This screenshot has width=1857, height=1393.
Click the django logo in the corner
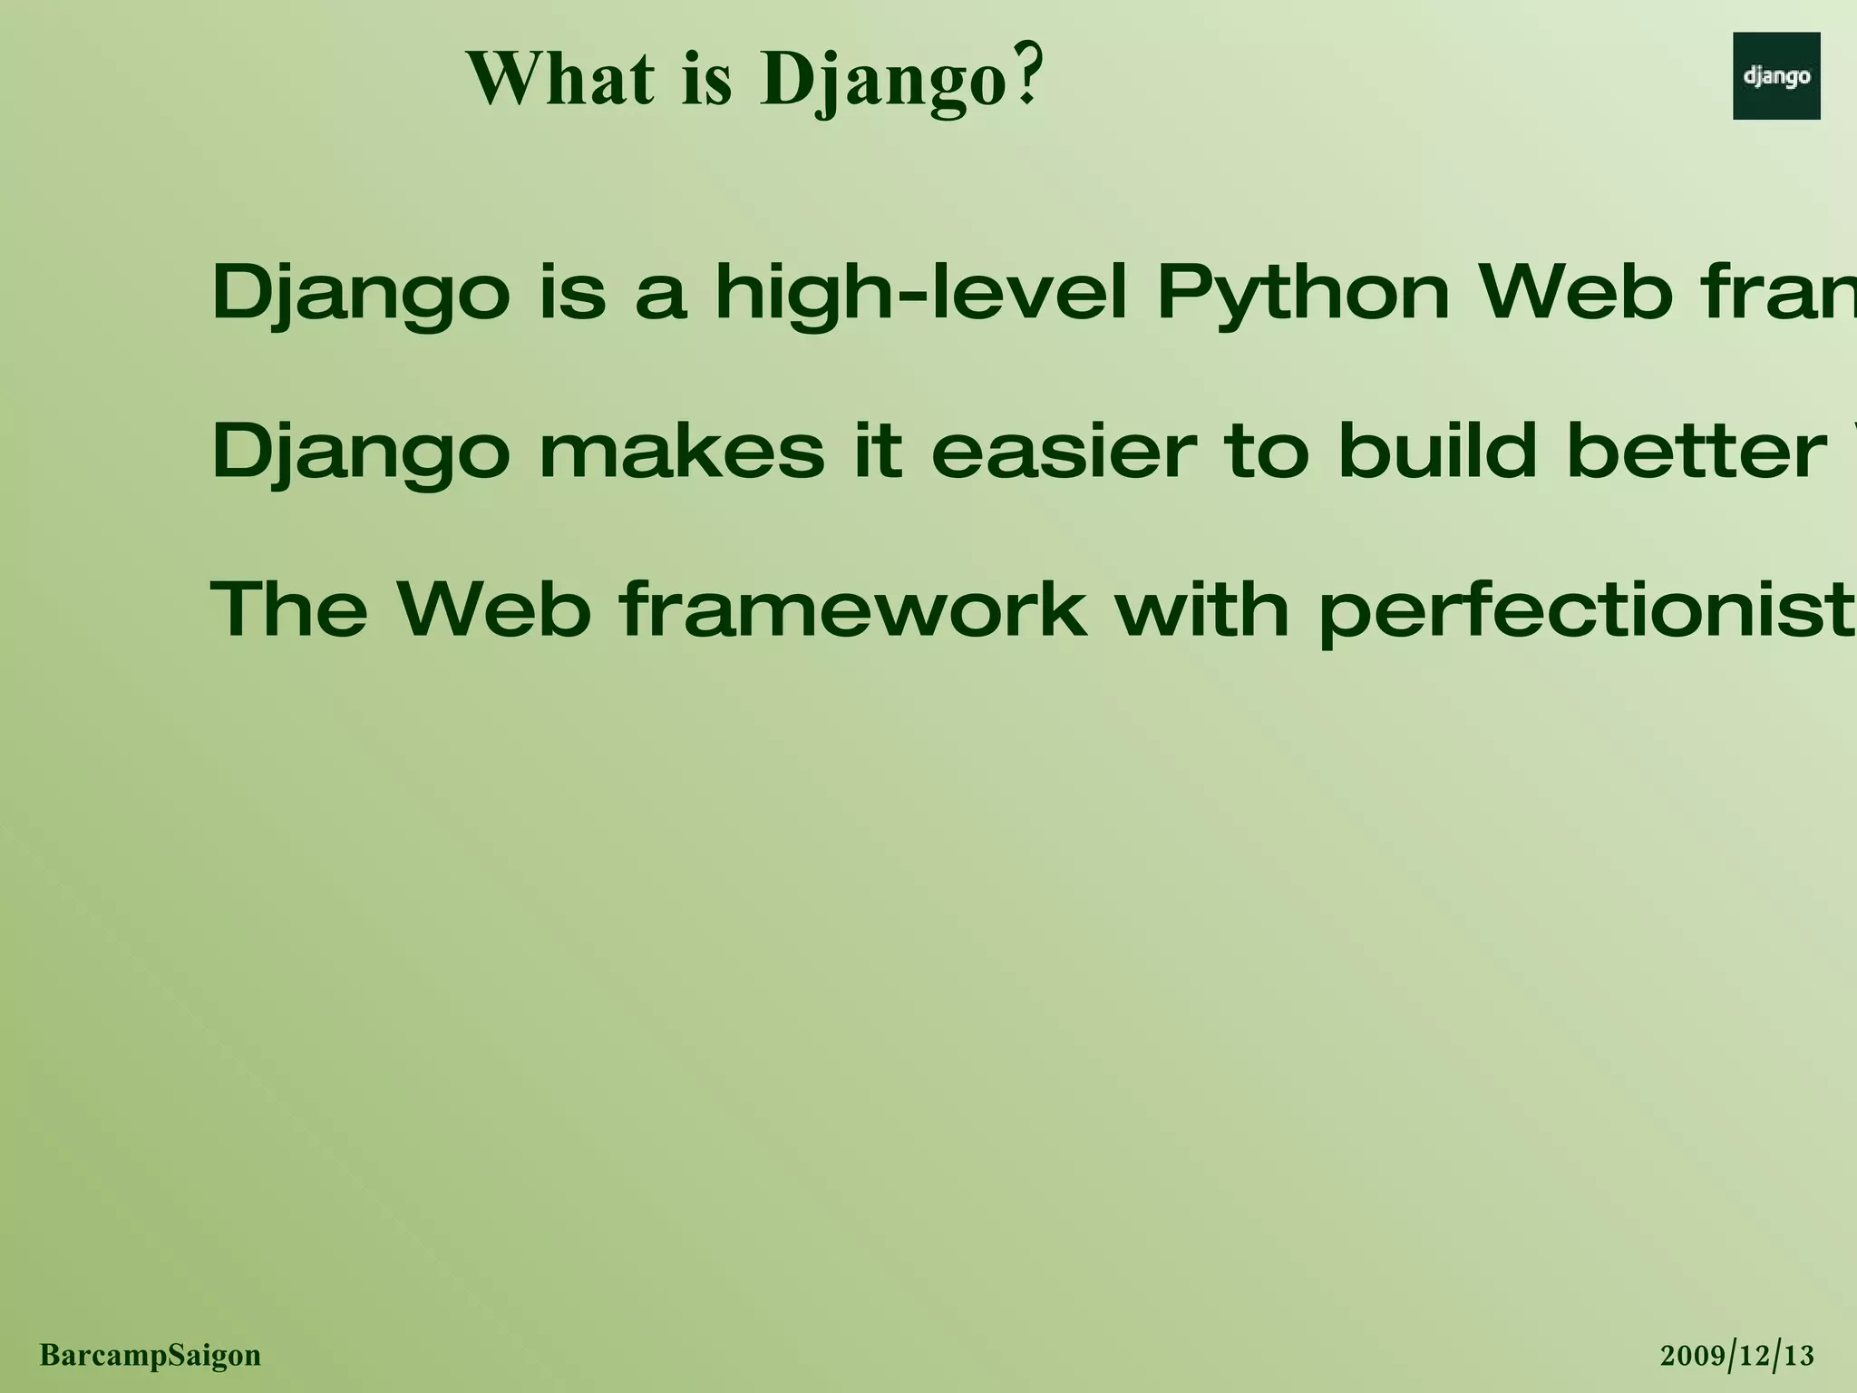tap(1775, 76)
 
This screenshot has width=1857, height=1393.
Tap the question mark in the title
tap(1027, 78)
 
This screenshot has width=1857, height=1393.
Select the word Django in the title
tap(885, 82)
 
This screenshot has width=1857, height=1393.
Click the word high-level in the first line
tap(920, 292)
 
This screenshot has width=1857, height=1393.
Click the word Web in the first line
tap(1575, 292)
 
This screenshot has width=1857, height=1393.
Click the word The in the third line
tap(289, 609)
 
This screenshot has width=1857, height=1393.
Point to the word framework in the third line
tap(853, 609)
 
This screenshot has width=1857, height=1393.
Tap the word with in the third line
tap(1201, 609)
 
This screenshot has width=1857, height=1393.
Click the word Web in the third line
tap(494, 609)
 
